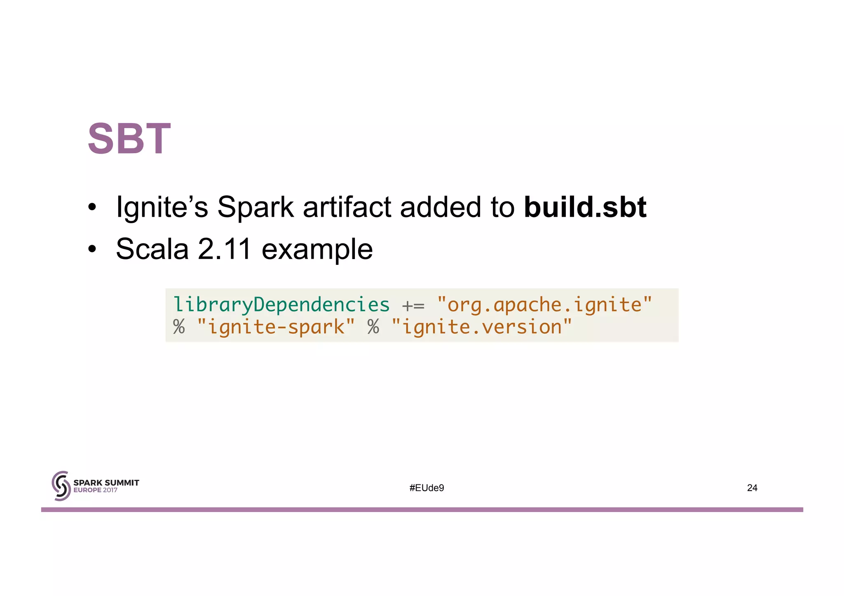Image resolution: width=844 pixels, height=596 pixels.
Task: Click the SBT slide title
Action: tap(129, 139)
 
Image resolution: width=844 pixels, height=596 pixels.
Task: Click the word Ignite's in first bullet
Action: tap(162, 207)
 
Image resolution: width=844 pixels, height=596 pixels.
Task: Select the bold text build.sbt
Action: tap(584, 207)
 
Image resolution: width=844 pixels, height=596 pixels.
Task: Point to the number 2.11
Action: tap(224, 249)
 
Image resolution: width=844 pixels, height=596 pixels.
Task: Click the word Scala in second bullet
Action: tap(152, 249)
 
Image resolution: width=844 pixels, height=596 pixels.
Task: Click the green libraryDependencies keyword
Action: tap(281, 305)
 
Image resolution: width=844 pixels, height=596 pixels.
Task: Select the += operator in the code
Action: tap(413, 306)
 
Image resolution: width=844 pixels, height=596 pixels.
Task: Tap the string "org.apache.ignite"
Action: tap(544, 305)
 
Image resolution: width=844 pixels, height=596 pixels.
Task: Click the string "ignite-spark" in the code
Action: tap(276, 327)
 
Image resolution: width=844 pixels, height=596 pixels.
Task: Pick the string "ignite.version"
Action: tap(481, 327)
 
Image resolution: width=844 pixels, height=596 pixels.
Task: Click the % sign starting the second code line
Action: tap(179, 327)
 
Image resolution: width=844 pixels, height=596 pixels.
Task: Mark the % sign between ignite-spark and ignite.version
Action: tap(373, 327)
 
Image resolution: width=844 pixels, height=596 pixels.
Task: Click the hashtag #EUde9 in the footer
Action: tap(427, 488)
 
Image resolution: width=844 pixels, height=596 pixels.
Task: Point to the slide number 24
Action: tap(752, 488)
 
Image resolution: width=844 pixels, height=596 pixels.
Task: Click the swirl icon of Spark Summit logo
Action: tap(61, 486)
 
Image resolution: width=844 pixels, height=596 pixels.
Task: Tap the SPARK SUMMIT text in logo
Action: tap(106, 483)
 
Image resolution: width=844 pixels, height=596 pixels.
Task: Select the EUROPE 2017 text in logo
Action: tap(95, 490)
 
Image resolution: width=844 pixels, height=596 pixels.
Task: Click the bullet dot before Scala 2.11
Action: tap(92, 249)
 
